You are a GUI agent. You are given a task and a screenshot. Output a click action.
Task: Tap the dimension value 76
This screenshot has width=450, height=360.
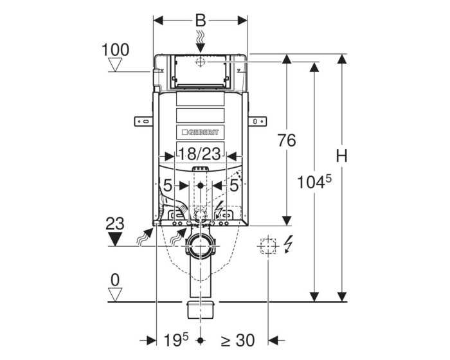[x=286, y=140]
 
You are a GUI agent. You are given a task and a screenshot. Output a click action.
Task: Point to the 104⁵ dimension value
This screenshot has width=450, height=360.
[x=314, y=182]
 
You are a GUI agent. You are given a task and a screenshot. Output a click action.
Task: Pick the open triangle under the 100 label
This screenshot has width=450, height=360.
[x=116, y=64]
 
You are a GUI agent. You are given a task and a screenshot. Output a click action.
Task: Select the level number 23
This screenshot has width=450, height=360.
[x=115, y=223]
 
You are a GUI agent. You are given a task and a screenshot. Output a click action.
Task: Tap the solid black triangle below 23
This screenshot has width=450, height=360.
[x=116, y=239]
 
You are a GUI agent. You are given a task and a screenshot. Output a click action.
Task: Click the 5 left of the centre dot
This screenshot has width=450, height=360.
[x=167, y=186]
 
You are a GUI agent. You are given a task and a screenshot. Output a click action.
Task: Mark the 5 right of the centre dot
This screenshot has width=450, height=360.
[x=234, y=186]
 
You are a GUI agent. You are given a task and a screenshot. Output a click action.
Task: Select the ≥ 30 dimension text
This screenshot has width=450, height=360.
[x=239, y=340]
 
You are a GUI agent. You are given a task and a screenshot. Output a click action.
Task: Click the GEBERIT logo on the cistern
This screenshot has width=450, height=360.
[x=201, y=132]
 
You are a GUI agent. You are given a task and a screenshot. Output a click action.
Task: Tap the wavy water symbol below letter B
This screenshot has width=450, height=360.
[x=201, y=40]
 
